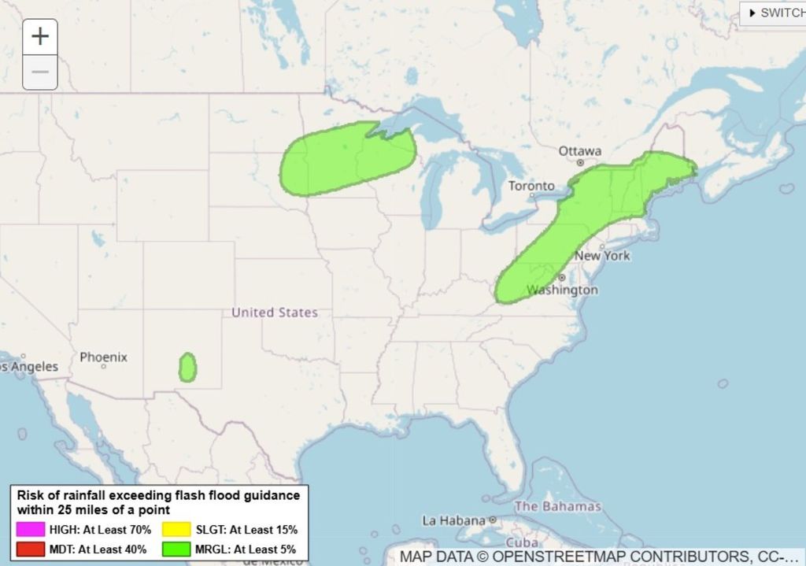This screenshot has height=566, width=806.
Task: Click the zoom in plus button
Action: click(x=40, y=36)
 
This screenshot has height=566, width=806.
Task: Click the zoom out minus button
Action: click(x=40, y=72)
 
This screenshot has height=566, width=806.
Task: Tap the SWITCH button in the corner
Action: click(x=775, y=13)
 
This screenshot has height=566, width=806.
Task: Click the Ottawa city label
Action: click(x=580, y=150)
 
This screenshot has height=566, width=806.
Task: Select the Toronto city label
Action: click(x=531, y=186)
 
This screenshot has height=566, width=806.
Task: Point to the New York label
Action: click(x=602, y=256)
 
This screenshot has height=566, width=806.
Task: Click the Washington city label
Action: click(x=562, y=290)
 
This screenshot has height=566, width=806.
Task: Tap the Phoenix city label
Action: click(x=103, y=357)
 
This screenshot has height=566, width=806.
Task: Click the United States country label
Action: click(x=275, y=313)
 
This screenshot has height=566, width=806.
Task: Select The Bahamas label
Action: click(x=557, y=506)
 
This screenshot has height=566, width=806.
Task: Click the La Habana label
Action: click(x=454, y=520)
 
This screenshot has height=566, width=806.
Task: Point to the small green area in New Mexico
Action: click(x=187, y=368)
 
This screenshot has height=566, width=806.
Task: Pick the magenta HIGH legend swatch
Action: click(x=30, y=530)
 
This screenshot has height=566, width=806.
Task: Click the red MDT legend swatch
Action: click(x=30, y=549)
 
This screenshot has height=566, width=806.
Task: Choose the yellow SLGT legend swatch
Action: click(x=176, y=530)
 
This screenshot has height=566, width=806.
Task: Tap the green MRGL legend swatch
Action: click(x=176, y=549)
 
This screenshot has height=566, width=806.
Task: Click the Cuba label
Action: click(x=522, y=543)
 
